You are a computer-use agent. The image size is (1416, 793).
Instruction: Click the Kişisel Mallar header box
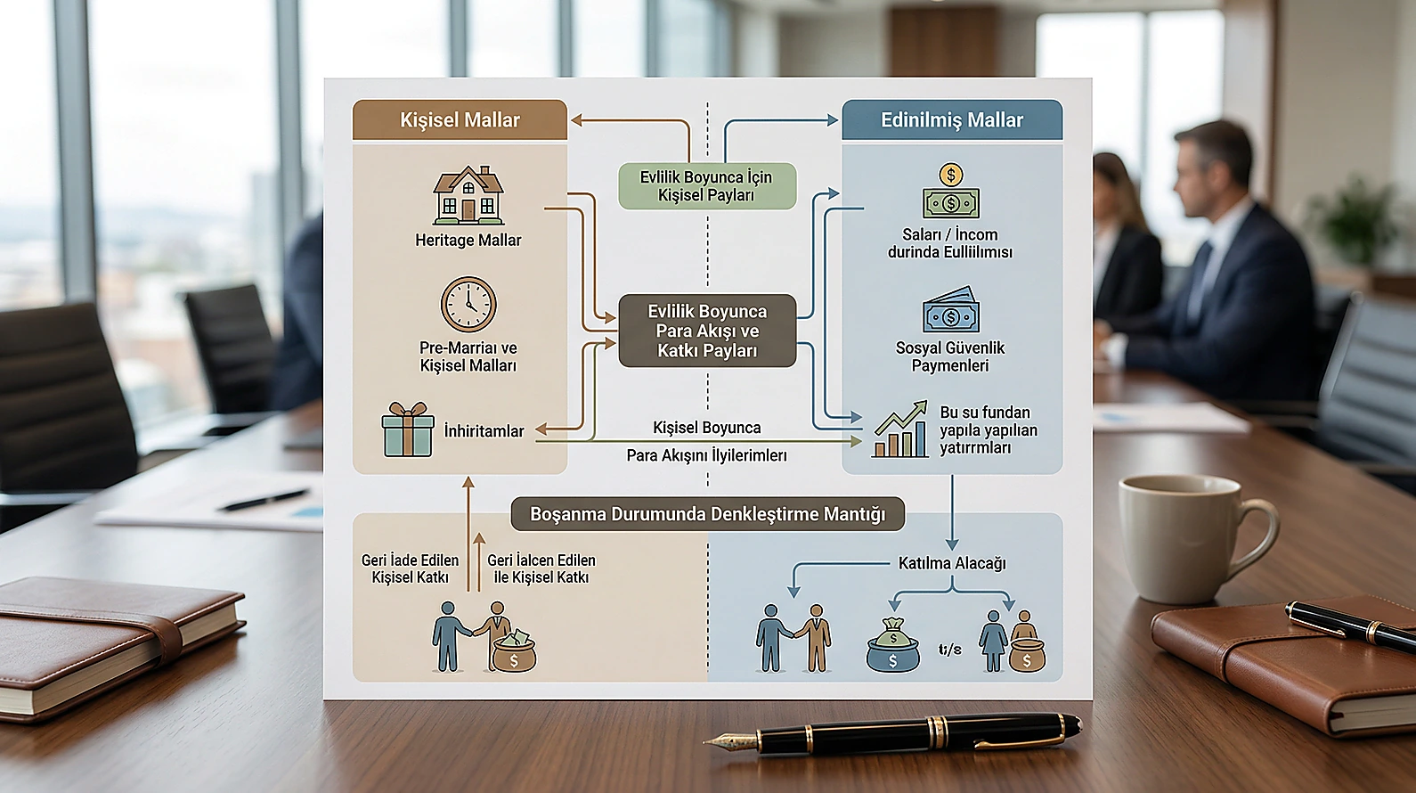point(460,119)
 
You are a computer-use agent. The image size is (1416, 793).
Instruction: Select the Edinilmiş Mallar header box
point(952,119)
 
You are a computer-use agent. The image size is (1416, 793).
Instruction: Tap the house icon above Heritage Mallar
point(468,195)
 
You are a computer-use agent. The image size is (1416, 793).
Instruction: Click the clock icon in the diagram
point(468,304)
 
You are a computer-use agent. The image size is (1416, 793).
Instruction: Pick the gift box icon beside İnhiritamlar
point(408,429)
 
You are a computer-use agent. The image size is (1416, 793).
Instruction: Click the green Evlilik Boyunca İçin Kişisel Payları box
point(707,186)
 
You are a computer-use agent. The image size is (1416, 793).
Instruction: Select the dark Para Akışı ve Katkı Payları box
point(707,331)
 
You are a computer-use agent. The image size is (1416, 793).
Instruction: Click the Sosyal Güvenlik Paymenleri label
point(949,356)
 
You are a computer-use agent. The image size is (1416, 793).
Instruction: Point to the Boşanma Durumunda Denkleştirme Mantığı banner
point(707,513)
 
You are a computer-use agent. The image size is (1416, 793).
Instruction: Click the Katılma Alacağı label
point(951,563)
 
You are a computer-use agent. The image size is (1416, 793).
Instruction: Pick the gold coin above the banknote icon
point(951,175)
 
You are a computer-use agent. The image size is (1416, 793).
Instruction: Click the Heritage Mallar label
point(468,241)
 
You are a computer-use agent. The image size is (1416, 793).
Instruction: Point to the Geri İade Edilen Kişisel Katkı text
point(410,568)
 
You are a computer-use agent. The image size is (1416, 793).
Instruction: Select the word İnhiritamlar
point(484,431)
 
